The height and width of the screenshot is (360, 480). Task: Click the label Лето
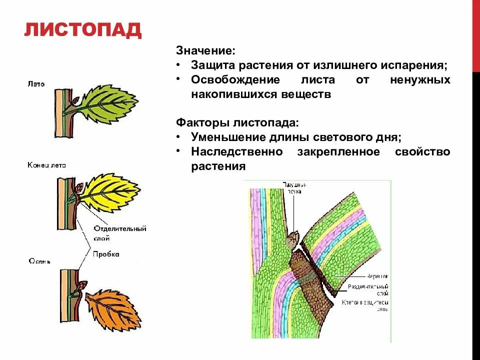click(36, 84)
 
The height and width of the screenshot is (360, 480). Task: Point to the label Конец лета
click(46, 165)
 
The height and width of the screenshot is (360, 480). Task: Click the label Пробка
click(106, 254)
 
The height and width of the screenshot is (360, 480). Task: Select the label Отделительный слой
click(119, 232)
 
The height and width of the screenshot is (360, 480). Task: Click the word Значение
click(205, 51)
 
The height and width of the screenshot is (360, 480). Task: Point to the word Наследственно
click(237, 151)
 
